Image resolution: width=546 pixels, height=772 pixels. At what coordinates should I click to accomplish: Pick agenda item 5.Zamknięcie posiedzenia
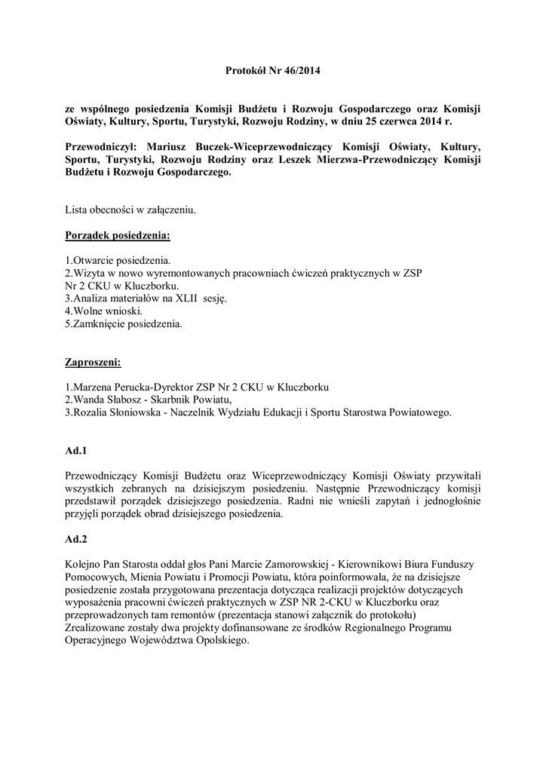(124, 324)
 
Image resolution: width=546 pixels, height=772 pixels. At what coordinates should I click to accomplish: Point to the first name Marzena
(96, 388)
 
